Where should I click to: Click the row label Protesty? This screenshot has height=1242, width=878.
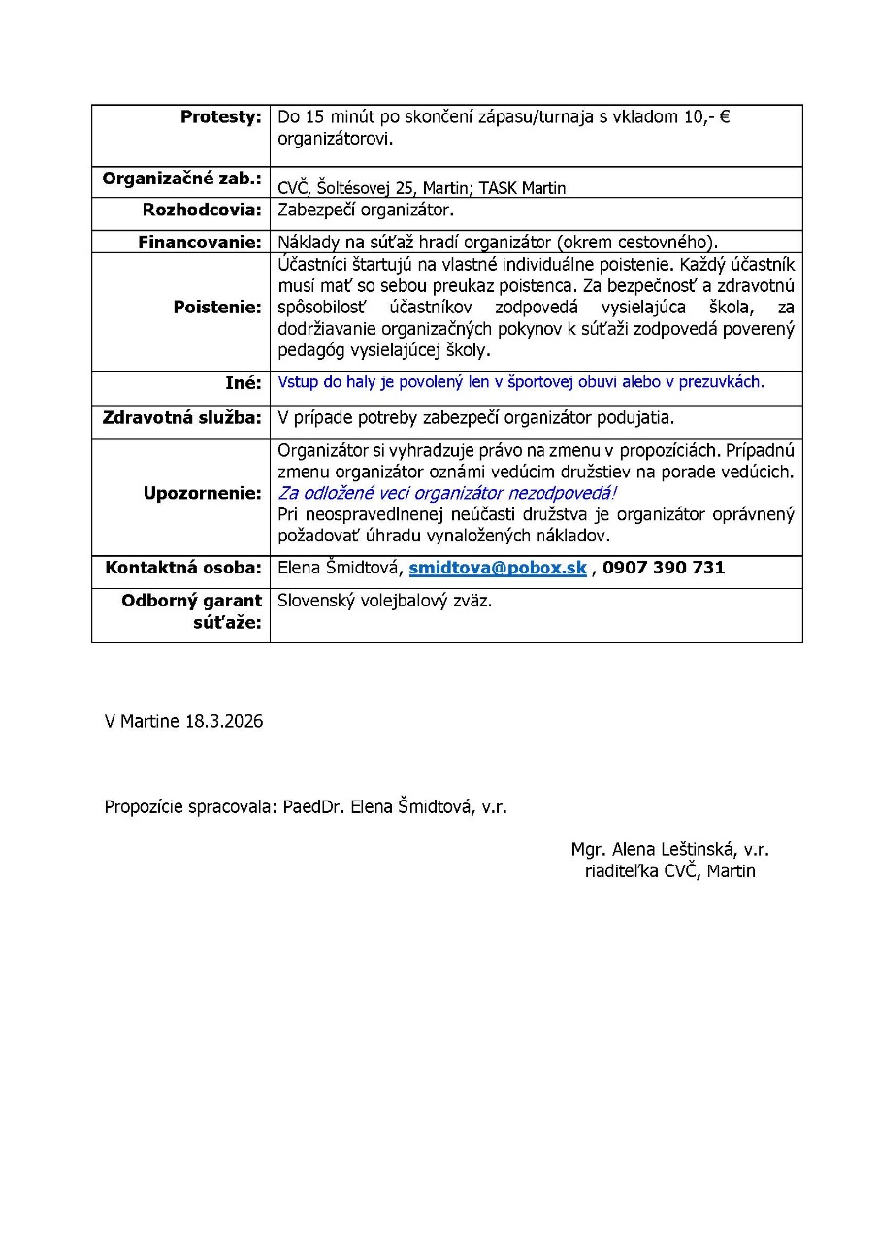pos(221,117)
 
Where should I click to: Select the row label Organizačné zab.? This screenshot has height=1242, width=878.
pos(182,179)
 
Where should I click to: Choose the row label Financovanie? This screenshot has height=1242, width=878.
pos(200,243)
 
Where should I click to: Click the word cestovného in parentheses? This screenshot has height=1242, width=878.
pos(670,243)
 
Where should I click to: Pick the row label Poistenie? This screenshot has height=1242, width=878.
pos(217,307)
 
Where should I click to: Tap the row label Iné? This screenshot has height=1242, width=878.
pos(244,383)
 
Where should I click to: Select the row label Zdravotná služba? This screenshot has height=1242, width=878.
pos(182,418)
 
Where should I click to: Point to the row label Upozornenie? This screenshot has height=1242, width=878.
pos(203,493)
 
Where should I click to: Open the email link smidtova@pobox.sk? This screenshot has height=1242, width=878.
pos(498,569)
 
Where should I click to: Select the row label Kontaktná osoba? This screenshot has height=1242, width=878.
pos(183,568)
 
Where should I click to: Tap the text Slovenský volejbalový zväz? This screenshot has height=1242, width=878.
pos(385,602)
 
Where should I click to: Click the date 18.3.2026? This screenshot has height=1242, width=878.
pos(223,722)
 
